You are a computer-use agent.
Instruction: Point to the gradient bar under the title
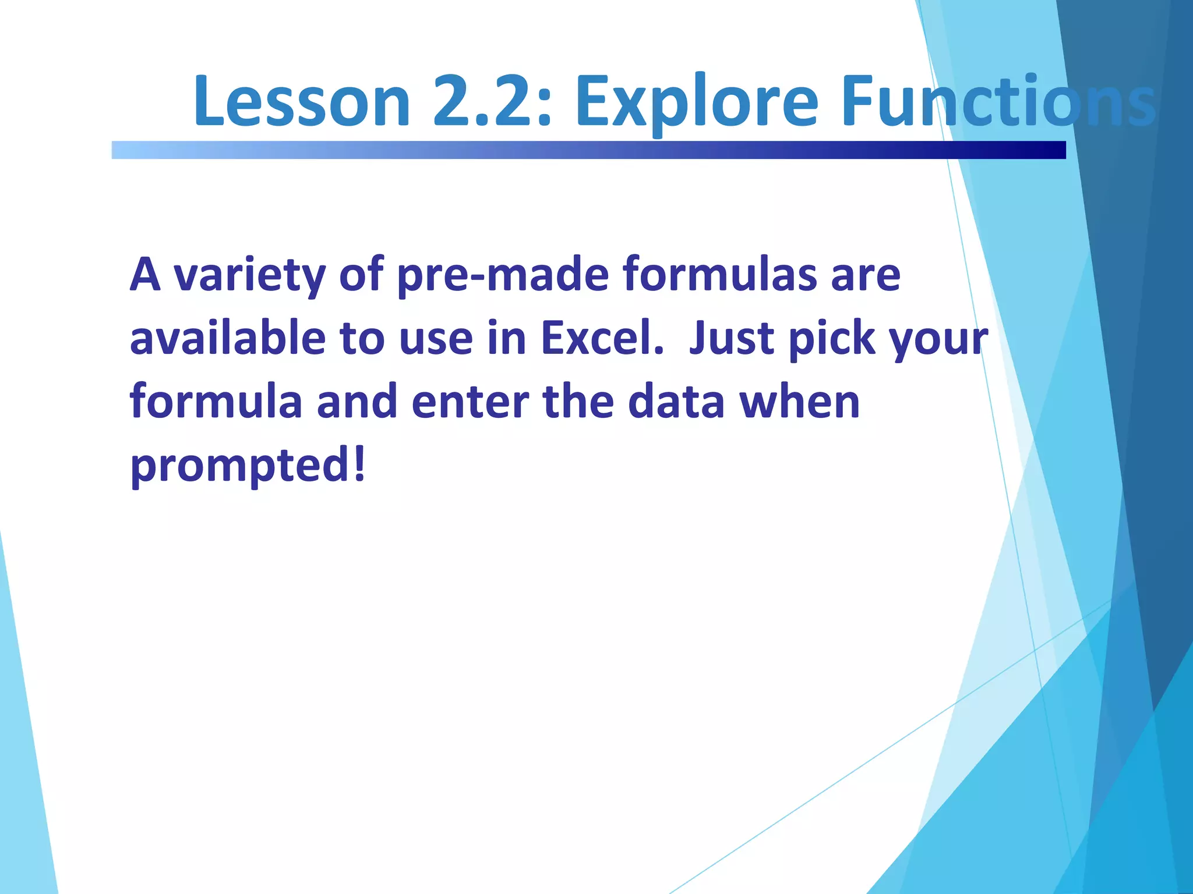(588, 150)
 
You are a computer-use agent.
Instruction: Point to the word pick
(832, 339)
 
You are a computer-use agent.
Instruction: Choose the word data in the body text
(676, 402)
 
